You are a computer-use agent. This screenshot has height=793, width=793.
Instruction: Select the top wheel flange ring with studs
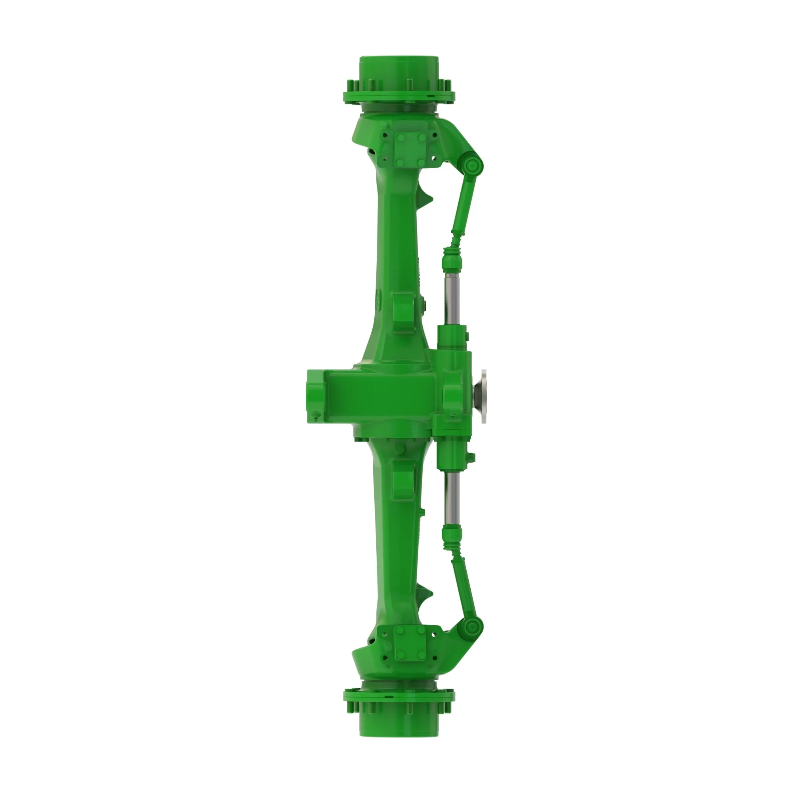(398, 96)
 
